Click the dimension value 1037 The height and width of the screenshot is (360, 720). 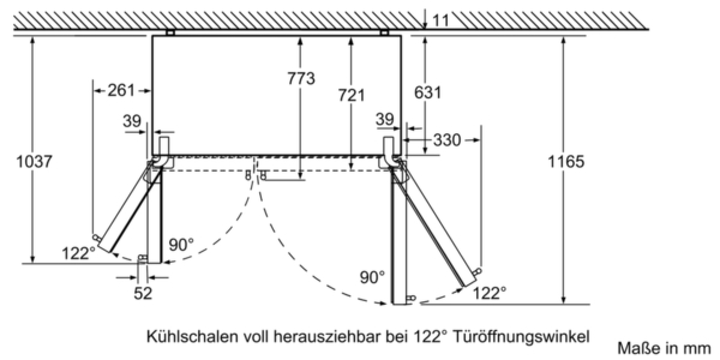(x=34, y=161)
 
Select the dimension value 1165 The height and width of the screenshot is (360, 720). (x=566, y=161)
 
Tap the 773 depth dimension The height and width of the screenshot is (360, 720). (x=301, y=79)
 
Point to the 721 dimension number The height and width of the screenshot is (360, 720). (x=352, y=95)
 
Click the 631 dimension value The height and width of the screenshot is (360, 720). (x=428, y=92)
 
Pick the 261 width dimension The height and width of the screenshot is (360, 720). (x=121, y=91)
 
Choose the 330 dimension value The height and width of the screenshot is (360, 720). (x=447, y=140)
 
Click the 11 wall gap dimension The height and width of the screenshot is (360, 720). (x=440, y=20)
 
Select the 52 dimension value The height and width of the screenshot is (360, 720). (x=143, y=293)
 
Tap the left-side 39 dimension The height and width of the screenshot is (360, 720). (x=132, y=121)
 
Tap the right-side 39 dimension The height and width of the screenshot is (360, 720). (x=385, y=119)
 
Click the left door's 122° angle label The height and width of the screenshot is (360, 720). (x=79, y=253)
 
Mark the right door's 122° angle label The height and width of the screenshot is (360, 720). (x=490, y=293)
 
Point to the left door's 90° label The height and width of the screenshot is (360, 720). (x=181, y=245)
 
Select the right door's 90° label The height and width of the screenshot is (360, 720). (x=372, y=277)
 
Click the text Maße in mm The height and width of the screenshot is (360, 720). (x=664, y=349)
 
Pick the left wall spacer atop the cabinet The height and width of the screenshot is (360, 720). (x=170, y=32)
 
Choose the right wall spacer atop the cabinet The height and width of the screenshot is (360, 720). (x=385, y=32)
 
